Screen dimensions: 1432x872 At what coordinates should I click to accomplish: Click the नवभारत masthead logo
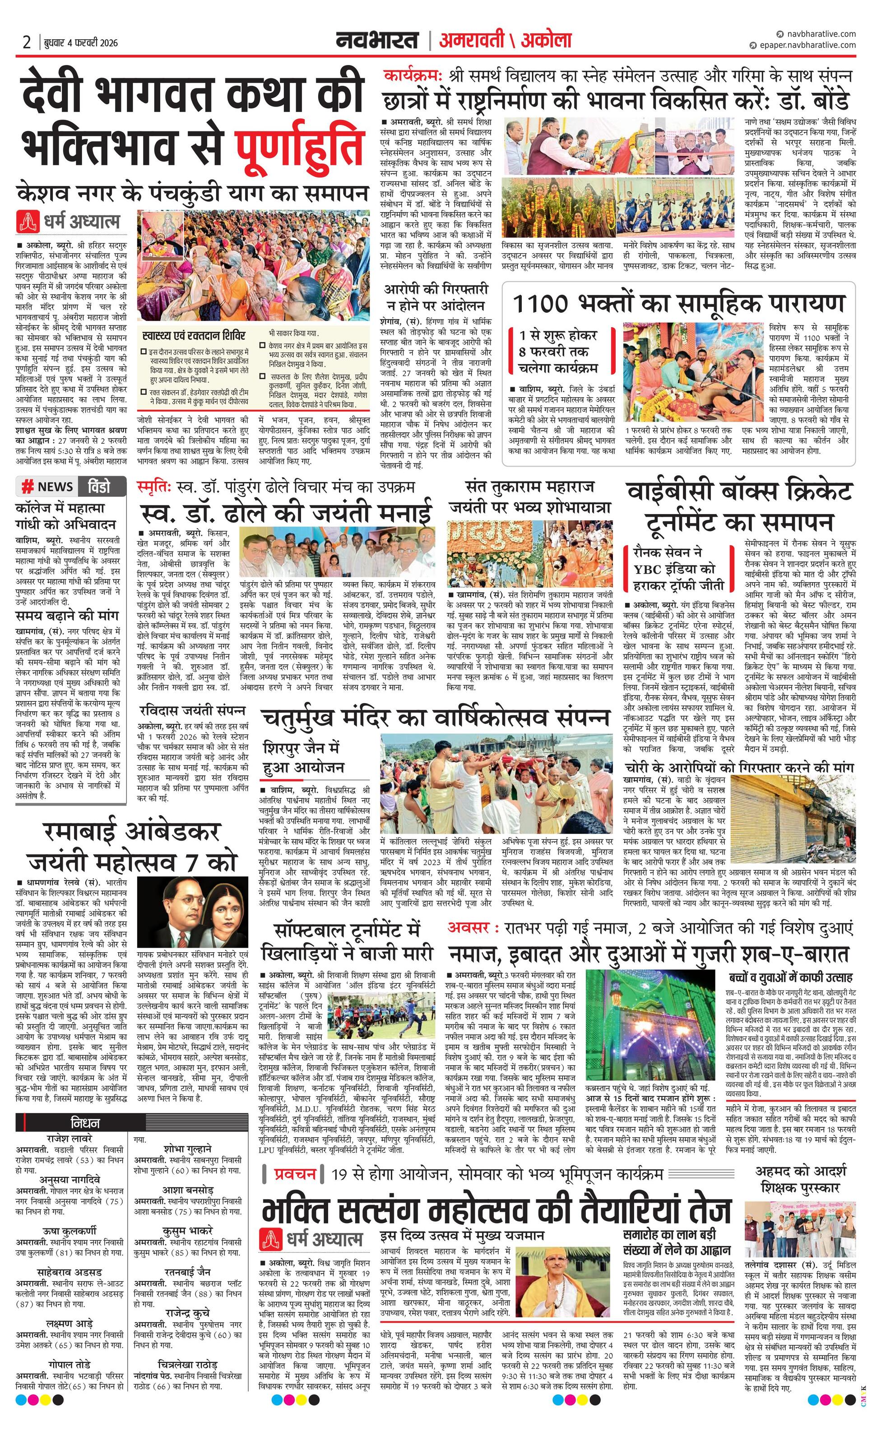click(x=377, y=41)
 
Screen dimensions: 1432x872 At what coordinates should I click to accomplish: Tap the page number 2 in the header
click(x=27, y=42)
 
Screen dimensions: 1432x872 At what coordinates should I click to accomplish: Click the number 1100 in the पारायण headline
click(x=541, y=303)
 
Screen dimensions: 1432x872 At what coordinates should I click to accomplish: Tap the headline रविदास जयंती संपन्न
click(x=192, y=710)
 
